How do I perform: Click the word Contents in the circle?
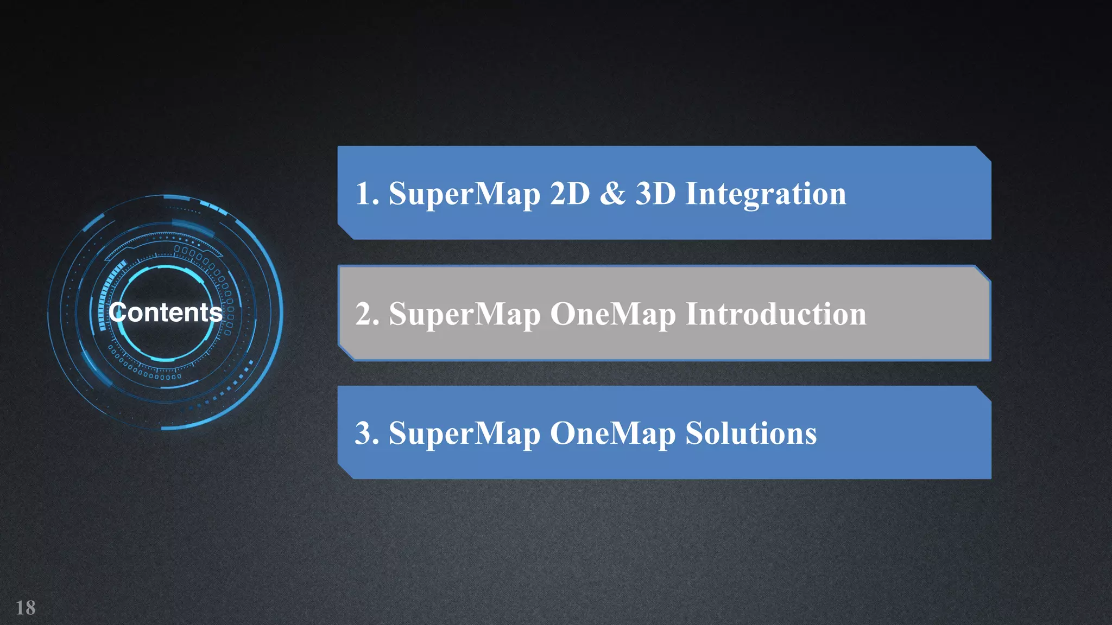(166, 312)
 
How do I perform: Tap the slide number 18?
(26, 608)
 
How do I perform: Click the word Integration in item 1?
(766, 194)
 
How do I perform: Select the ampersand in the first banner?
(613, 194)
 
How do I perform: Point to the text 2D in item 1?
(570, 194)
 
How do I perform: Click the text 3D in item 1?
(655, 194)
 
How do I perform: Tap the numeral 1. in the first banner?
(367, 194)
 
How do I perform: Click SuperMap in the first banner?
(464, 194)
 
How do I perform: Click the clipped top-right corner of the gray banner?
(983, 273)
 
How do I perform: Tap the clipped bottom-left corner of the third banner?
(346, 471)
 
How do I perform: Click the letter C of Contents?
(117, 312)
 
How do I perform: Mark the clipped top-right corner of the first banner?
(983, 154)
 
